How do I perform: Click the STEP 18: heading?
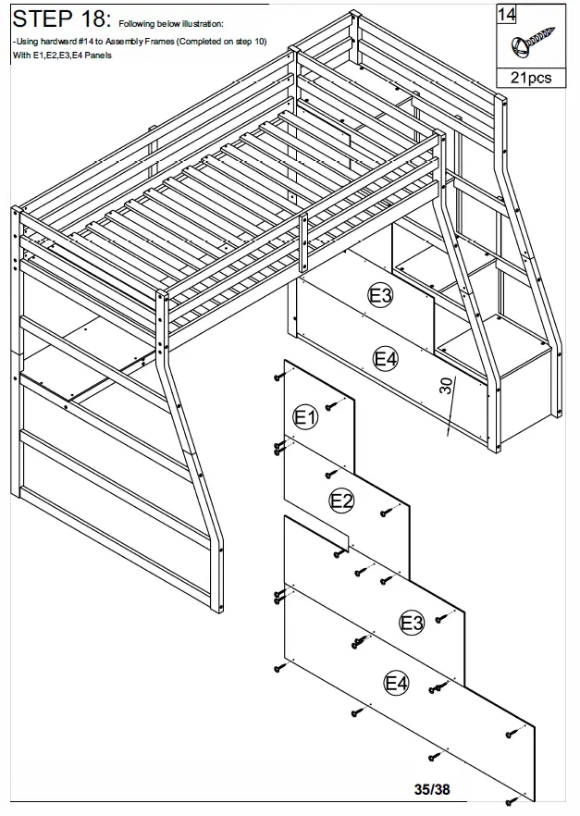(x=59, y=19)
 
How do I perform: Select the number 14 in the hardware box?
(x=507, y=13)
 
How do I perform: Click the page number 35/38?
(x=433, y=789)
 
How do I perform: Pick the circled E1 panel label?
(x=305, y=418)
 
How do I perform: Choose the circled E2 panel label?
(x=342, y=501)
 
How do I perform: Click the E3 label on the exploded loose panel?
(x=412, y=623)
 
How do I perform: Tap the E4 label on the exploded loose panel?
(x=396, y=684)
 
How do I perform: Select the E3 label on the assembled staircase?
(x=380, y=296)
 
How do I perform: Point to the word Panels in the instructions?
(x=95, y=56)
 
